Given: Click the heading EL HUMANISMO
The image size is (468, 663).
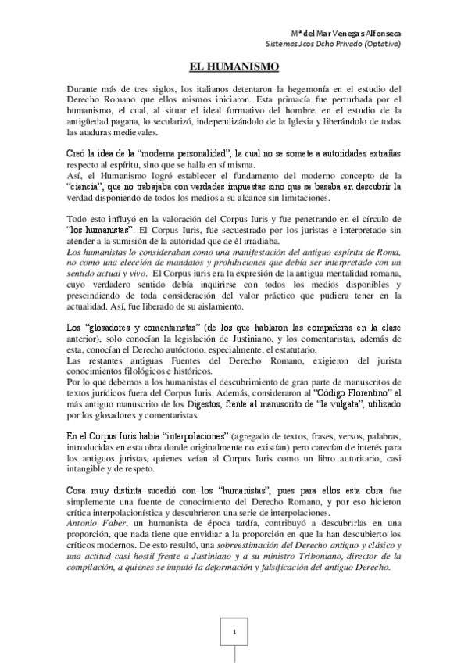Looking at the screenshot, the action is (x=234, y=68).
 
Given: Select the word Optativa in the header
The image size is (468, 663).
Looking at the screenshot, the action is (x=380, y=45).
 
